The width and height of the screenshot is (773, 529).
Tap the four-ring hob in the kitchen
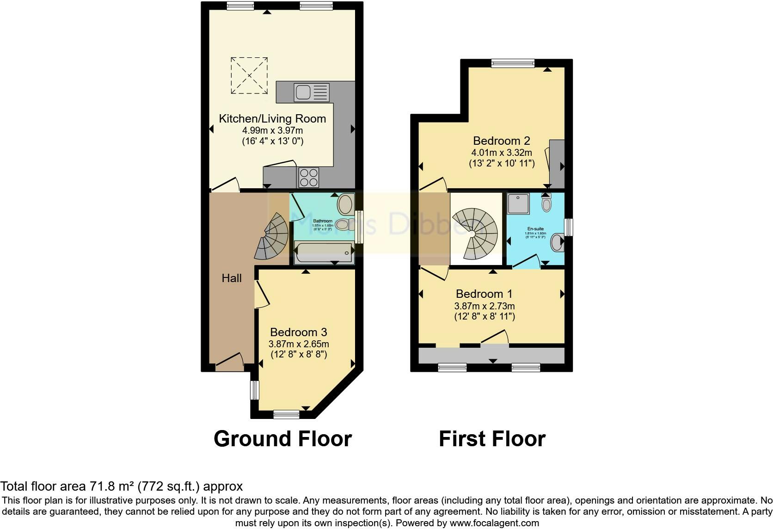click(309, 177)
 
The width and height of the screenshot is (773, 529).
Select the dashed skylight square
click(249, 75)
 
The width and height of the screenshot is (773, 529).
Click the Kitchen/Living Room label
click(272, 119)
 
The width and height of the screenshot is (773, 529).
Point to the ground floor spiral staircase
click(273, 236)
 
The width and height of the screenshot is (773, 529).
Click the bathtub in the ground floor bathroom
click(324, 252)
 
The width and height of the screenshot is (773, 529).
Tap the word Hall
click(232, 278)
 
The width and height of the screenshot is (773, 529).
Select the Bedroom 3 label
click(299, 332)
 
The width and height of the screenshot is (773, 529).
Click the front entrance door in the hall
click(229, 362)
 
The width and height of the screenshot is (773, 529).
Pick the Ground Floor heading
click(282, 438)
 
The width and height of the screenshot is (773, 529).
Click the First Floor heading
click(492, 438)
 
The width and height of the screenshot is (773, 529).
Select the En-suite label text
click(535, 229)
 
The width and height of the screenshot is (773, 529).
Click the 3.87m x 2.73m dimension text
click(484, 306)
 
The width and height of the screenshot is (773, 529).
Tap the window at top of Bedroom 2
click(513, 63)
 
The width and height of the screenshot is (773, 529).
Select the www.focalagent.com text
click(494, 523)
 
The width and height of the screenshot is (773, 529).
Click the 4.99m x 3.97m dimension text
click(272, 131)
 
